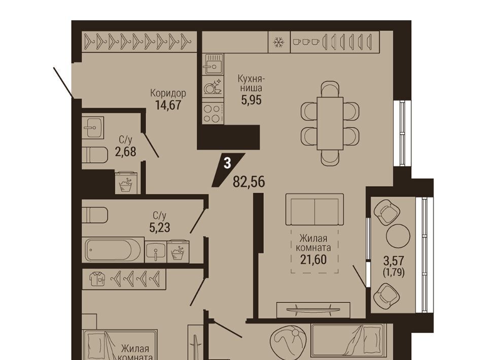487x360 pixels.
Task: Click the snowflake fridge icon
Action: tap(279, 42)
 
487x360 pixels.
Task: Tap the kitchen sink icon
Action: tap(213, 64)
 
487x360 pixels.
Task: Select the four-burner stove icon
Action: tap(213, 114)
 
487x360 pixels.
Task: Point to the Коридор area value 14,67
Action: tap(168, 105)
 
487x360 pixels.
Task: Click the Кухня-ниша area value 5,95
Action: tap(252, 100)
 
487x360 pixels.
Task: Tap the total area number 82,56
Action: tap(249, 182)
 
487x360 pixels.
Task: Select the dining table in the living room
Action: tap(330, 123)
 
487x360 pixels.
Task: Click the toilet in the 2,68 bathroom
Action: tap(95, 154)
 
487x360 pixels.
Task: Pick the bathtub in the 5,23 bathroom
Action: tap(113, 250)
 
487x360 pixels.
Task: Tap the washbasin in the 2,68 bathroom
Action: tap(93, 127)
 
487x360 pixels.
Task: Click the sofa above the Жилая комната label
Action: tap(315, 209)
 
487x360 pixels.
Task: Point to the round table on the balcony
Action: tap(398, 236)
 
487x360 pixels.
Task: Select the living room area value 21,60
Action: tap(314, 260)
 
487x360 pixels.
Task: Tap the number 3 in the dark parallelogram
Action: tap(228, 163)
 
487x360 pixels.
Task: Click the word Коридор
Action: tap(168, 93)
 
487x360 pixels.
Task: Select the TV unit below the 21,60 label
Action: tap(314, 310)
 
